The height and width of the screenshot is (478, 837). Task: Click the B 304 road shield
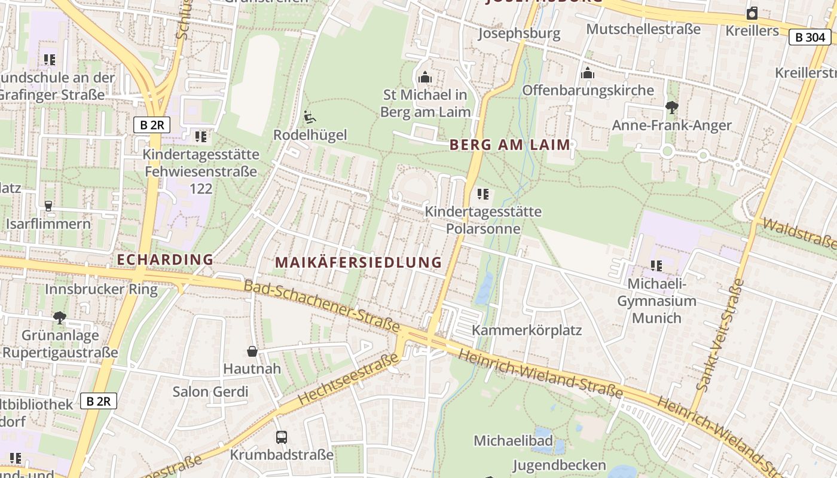click(810, 37)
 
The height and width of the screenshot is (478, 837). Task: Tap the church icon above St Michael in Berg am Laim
click(425, 77)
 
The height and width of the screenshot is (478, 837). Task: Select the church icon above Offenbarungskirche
click(588, 73)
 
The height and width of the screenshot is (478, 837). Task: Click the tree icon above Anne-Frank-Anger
click(671, 108)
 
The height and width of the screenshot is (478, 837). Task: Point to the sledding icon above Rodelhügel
click(309, 117)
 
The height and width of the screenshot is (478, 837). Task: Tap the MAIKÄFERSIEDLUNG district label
click(359, 262)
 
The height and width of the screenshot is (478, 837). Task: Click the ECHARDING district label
click(165, 259)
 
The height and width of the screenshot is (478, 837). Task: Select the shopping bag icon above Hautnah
click(252, 351)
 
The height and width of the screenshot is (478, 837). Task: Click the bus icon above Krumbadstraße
click(282, 437)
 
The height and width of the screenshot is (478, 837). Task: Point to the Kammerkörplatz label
click(527, 330)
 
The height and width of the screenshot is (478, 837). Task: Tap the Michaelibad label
click(513, 440)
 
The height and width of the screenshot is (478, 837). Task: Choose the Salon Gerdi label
click(210, 392)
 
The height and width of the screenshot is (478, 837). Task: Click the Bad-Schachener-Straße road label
click(322, 305)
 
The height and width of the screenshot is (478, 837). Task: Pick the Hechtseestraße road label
click(347, 379)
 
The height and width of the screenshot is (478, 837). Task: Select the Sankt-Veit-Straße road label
click(720, 338)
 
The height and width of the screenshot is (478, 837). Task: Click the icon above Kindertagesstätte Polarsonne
click(483, 194)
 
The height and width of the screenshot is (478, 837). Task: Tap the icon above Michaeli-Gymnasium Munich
click(656, 266)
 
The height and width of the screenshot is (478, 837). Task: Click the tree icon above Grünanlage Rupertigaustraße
click(59, 317)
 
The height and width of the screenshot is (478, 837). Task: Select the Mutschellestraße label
click(643, 29)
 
